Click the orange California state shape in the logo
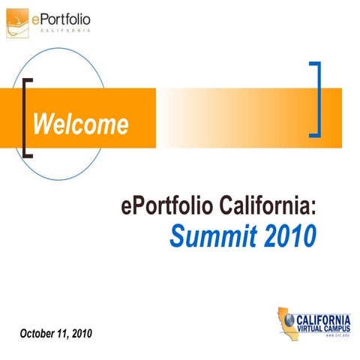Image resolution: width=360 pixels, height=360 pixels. pyautogui.click(x=283, y=316)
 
